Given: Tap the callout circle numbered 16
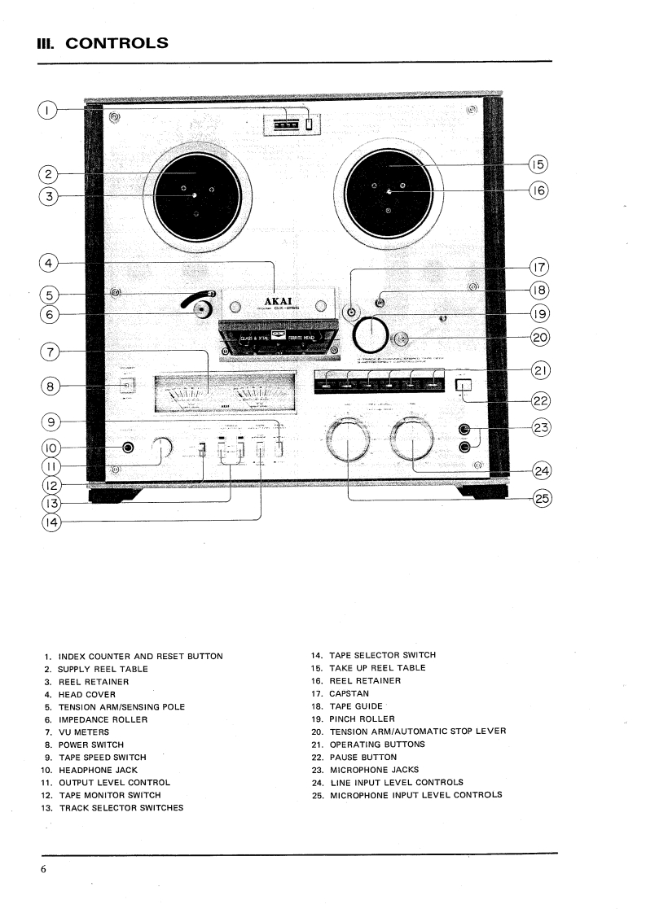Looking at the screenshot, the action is [538, 191].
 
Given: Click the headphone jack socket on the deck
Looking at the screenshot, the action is [128, 448].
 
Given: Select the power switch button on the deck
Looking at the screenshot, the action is [125, 386].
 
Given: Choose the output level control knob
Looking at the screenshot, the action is [160, 448].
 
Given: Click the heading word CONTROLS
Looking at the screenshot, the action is [116, 43].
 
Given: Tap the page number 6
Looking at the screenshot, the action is [43, 870].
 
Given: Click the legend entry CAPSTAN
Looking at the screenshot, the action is [349, 693].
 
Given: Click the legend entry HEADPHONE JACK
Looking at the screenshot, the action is [97, 770].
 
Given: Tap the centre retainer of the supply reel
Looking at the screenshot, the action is [194, 195].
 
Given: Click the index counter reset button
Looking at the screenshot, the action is [310, 124].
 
